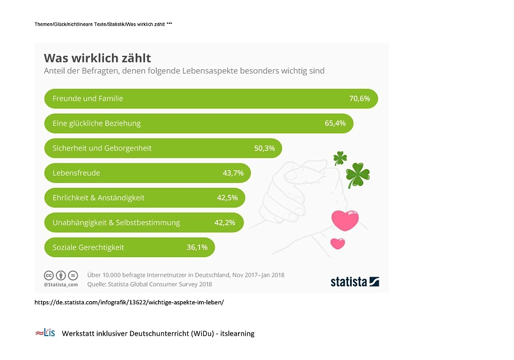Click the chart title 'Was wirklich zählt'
click(97, 58)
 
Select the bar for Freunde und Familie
click(210, 99)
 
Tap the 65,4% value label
click(335, 123)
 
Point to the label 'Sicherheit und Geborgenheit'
click(102, 148)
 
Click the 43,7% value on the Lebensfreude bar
click(233, 173)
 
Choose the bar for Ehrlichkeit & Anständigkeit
click(144, 198)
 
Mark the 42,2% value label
click(225, 223)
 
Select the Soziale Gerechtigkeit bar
click(129, 247)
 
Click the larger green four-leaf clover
click(357, 174)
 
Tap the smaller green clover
click(340, 159)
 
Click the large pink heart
click(345, 220)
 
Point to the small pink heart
click(337, 243)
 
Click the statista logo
click(354, 282)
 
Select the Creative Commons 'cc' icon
click(48, 275)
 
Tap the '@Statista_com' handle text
click(61, 285)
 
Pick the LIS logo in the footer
click(45, 333)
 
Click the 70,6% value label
click(359, 99)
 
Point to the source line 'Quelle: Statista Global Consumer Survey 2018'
click(149, 284)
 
